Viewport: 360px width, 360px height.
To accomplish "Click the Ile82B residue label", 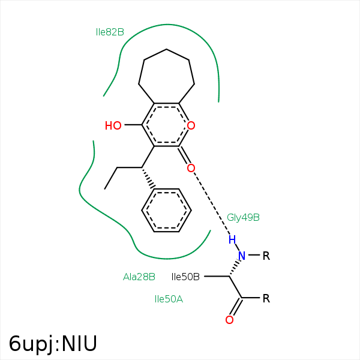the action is [110, 32].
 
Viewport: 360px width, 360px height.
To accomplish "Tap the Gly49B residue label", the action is [243, 217].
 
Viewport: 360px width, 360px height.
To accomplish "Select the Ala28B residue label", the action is [139, 277].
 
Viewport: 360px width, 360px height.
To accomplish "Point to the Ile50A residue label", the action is [169, 299].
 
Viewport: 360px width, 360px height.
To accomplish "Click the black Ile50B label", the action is [185, 277].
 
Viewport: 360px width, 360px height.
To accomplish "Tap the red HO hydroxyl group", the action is [113, 125].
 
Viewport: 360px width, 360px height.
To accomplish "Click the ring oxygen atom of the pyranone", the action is [191, 125].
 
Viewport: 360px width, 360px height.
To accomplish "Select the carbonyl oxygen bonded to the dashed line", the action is [191, 168].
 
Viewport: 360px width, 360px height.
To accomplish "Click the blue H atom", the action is [232, 239].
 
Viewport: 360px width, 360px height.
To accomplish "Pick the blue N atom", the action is [242, 256].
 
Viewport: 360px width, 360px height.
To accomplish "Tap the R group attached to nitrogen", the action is [266, 256].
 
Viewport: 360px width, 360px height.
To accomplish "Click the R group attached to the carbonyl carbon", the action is [266, 298].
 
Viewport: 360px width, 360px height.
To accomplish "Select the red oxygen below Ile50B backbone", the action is [229, 320].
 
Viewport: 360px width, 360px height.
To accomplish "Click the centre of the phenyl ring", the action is [166, 211].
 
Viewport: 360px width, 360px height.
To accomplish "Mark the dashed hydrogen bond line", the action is [212, 203].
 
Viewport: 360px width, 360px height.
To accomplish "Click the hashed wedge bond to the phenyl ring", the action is [148, 178].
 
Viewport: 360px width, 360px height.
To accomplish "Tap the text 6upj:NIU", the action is [53, 344].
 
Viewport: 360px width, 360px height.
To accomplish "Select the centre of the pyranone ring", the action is [166, 125].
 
